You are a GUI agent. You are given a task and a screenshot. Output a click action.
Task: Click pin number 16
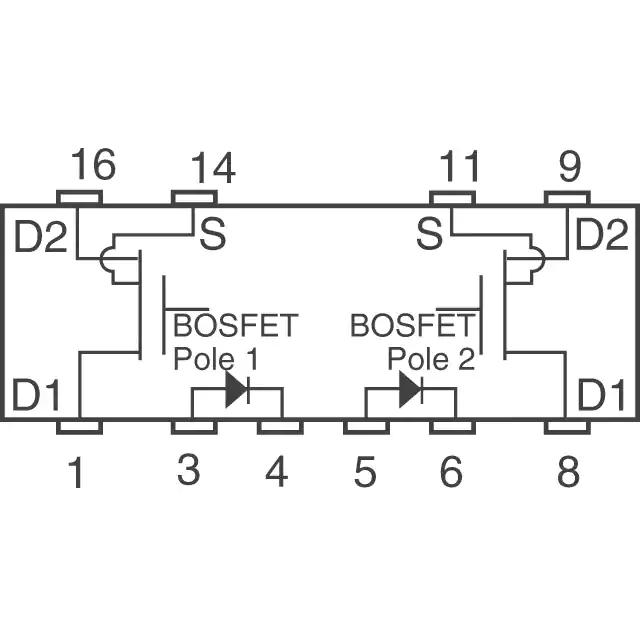point(93,164)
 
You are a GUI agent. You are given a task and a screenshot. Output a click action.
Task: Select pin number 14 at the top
point(213,168)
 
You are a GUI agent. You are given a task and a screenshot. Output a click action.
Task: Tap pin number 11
point(459,166)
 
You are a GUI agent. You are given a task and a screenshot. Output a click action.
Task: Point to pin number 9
point(570,166)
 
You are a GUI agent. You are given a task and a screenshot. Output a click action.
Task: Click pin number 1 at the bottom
point(77,472)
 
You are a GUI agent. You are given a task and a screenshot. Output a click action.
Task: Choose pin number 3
point(189,470)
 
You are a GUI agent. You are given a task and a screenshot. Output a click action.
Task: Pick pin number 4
point(277,471)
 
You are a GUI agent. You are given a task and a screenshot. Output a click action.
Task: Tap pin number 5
point(365,471)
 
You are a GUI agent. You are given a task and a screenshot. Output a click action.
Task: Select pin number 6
point(451,471)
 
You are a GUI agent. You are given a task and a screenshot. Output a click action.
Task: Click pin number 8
point(569,471)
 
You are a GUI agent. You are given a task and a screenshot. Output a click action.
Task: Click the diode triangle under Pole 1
point(236,389)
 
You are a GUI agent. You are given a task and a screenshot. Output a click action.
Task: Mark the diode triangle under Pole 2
point(410,389)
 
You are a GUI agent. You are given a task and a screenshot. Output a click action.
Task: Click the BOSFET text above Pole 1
point(236,325)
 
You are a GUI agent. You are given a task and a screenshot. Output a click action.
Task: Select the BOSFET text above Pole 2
point(413,325)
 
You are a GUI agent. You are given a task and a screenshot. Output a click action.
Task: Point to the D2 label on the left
point(40,236)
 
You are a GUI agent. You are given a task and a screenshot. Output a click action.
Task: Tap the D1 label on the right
point(601,395)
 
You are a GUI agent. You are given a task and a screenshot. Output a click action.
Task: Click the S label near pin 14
point(213,233)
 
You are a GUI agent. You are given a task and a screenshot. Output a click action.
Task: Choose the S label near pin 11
point(429,233)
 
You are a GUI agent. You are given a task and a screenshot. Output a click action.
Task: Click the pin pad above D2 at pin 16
point(79,198)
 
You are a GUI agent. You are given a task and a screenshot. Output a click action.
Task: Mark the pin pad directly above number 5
point(367,427)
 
